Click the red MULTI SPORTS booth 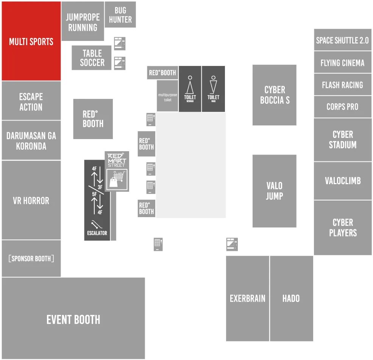click(x=31, y=41)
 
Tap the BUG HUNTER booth click(x=120, y=14)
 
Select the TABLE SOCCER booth click(x=92, y=58)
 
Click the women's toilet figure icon click(x=190, y=85)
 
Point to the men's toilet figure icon click(x=213, y=85)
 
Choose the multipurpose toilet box click(x=167, y=96)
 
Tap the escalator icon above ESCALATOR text click(x=97, y=224)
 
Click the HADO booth click(x=292, y=298)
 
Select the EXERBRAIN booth click(x=247, y=298)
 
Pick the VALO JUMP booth click(x=275, y=191)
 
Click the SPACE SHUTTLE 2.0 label click(x=342, y=40)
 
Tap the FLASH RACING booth click(x=343, y=85)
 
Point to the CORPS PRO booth click(x=343, y=106)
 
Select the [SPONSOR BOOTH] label click(x=31, y=258)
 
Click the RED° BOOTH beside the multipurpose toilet click(x=162, y=73)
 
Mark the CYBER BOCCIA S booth click(x=275, y=95)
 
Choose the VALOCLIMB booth click(x=343, y=181)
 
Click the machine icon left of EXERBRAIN click(x=158, y=244)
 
